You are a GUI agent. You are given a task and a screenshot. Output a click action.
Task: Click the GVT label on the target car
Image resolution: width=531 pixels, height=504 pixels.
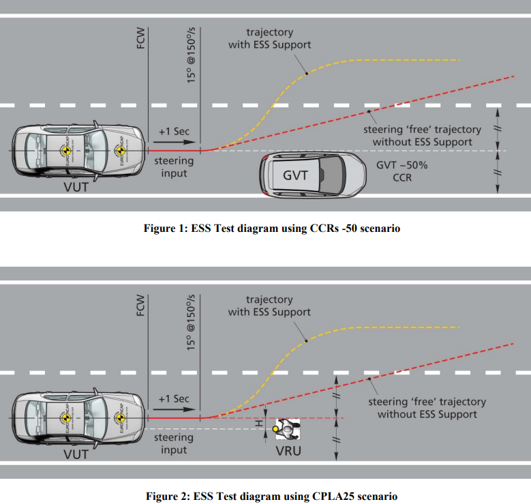[x=295, y=175]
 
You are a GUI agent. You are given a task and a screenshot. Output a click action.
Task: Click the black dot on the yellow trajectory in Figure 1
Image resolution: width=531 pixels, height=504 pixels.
[x=306, y=72]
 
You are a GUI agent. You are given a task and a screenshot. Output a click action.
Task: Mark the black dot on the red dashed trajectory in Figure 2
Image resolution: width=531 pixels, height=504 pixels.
[x=369, y=379]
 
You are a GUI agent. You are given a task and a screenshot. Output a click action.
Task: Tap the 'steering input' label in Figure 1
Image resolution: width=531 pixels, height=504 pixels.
[x=173, y=167]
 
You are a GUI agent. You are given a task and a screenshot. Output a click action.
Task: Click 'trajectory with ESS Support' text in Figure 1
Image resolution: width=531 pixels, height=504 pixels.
[x=269, y=38]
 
